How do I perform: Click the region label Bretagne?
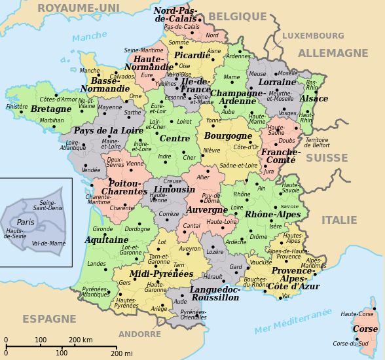click(51, 109)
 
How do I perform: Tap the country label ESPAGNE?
click(50, 319)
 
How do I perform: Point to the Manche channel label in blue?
click(90, 37)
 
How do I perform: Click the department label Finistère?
click(17, 106)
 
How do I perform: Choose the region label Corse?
click(365, 329)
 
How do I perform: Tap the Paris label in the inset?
click(26, 223)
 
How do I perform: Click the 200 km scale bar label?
click(81, 340)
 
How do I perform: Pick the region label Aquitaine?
click(106, 240)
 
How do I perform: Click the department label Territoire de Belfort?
click(317, 143)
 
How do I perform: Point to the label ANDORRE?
click(139, 334)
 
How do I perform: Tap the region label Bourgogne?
click(228, 136)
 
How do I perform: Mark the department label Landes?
click(96, 264)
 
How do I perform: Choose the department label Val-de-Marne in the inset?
click(48, 243)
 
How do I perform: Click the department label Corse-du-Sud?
click(350, 343)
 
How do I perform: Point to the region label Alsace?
click(314, 99)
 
